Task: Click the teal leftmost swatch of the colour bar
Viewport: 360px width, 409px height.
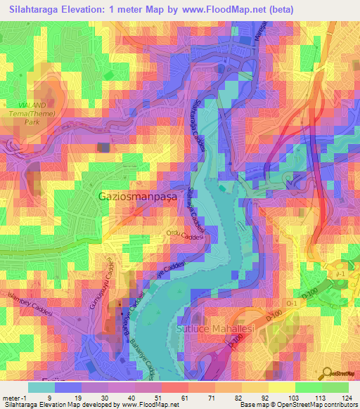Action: click(x=40, y=387)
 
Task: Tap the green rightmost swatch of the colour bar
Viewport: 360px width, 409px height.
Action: click(x=335, y=387)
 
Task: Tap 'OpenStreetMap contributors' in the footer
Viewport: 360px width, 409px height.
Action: click(x=320, y=405)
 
